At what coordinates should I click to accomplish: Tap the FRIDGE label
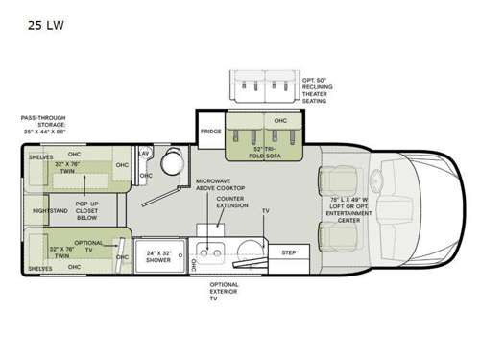coord(211,132)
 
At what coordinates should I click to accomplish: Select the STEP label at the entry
coord(288,252)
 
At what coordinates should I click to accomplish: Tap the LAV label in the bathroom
coord(142,154)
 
